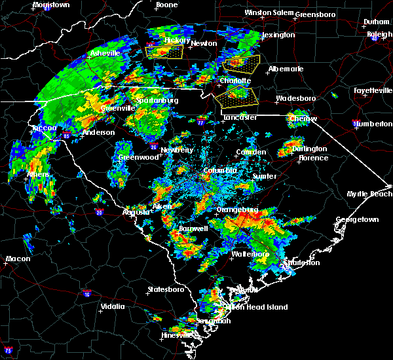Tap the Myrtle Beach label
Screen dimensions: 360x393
(x=373, y=194)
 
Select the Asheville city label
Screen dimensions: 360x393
(x=105, y=53)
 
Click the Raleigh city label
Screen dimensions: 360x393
(x=379, y=35)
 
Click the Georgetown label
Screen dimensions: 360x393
(x=357, y=220)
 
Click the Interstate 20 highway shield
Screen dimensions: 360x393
(x=99, y=212)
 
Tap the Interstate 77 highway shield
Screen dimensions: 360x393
(x=200, y=122)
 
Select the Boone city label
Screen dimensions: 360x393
(x=166, y=5)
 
